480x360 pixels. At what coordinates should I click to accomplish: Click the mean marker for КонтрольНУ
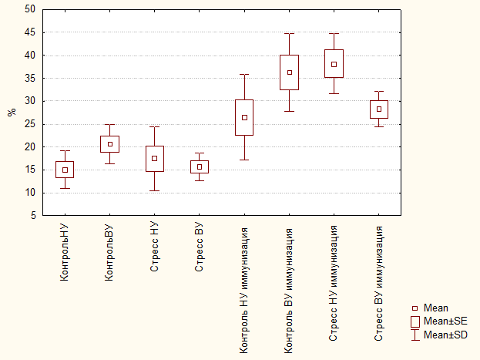(x=65, y=170)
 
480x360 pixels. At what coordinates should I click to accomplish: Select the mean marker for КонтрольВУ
(x=110, y=144)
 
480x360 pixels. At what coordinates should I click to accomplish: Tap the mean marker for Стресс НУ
(x=155, y=158)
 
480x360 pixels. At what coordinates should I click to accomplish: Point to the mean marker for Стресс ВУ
(x=200, y=167)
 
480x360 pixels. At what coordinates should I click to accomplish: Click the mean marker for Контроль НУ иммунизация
(x=244, y=118)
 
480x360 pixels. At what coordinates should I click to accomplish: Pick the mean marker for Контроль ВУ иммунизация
(x=290, y=72)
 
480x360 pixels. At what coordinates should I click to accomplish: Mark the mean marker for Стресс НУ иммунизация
(x=334, y=64)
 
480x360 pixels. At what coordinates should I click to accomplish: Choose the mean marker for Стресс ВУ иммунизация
(x=379, y=109)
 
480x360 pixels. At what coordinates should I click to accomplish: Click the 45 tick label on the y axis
(x=30, y=32)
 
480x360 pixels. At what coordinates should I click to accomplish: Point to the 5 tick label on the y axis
(x=33, y=215)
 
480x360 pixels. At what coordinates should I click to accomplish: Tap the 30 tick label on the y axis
(x=30, y=101)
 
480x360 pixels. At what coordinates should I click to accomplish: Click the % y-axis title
(x=12, y=112)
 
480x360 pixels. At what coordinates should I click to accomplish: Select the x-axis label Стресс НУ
(x=154, y=247)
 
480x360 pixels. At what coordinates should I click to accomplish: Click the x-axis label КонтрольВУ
(x=109, y=253)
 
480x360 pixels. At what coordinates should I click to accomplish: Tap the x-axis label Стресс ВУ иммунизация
(x=378, y=284)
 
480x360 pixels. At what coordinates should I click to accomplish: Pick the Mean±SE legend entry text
(x=445, y=321)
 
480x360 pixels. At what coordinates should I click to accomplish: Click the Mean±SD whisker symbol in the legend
(x=415, y=335)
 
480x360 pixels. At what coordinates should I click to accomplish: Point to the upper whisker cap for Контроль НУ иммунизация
(x=244, y=75)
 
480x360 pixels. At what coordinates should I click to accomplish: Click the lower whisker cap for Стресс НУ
(x=155, y=191)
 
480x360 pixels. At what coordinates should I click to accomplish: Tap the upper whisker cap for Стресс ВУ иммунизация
(x=379, y=91)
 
